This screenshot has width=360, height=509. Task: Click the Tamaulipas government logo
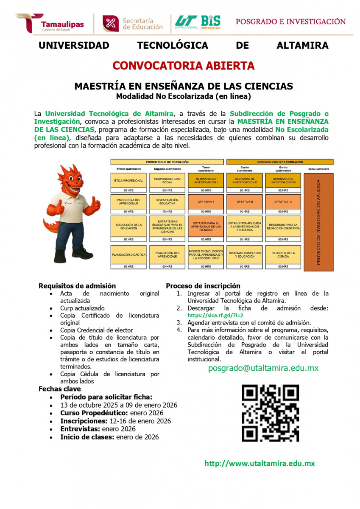click(50, 23)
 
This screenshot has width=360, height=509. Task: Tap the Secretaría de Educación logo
click(133, 23)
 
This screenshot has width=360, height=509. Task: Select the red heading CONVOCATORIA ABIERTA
click(183, 66)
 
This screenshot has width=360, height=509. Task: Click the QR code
click(271, 413)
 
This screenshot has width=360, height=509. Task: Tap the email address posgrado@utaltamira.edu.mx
click(263, 368)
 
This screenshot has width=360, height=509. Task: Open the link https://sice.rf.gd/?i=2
click(215, 316)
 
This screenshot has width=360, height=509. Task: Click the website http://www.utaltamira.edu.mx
click(260, 464)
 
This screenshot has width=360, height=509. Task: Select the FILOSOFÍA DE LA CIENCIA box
click(283, 255)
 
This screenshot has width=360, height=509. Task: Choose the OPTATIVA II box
click(245, 201)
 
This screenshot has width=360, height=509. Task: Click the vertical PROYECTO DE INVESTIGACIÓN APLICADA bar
click(318, 221)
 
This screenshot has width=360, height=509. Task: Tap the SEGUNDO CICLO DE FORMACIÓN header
click(280, 162)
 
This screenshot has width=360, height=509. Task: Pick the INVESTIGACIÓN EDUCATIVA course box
click(167, 201)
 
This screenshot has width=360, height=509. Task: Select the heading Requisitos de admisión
click(77, 286)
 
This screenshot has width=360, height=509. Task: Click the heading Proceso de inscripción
click(203, 286)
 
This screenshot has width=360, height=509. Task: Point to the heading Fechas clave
click(59, 389)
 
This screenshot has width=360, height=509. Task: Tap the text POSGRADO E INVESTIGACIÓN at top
click(291, 21)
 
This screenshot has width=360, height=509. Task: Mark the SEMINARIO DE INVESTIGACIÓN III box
click(283, 180)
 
